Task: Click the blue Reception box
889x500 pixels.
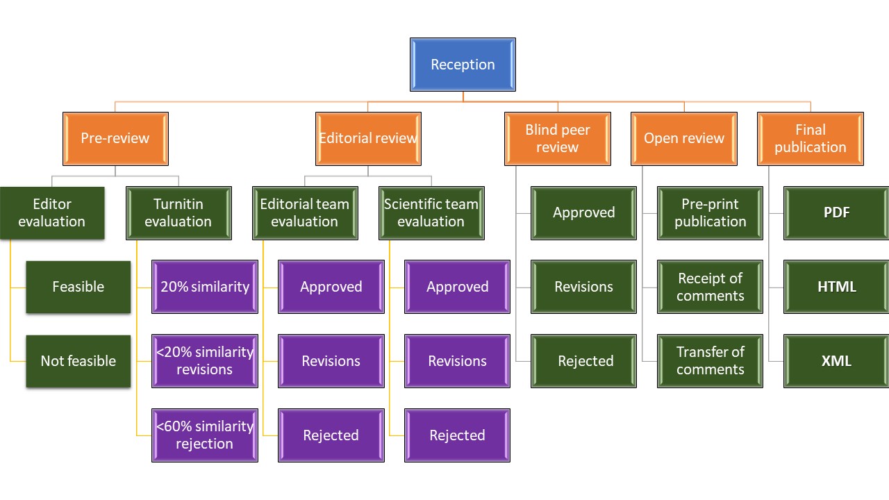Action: (x=463, y=65)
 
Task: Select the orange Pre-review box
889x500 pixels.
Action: (x=115, y=138)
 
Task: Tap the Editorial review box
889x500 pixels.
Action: (x=368, y=138)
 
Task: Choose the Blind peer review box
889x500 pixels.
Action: (x=558, y=138)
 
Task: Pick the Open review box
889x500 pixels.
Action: (x=684, y=138)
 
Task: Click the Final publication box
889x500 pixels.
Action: (x=811, y=138)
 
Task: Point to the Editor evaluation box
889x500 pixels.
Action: (x=52, y=212)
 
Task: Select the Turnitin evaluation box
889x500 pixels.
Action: (x=178, y=212)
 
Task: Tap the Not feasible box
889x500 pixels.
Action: (x=78, y=361)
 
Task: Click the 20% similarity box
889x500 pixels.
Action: (x=205, y=287)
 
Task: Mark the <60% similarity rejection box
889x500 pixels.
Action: (x=205, y=435)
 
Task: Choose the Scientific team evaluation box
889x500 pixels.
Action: (x=431, y=212)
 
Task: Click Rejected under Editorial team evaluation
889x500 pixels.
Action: (x=331, y=435)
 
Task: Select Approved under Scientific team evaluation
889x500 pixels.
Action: (x=458, y=287)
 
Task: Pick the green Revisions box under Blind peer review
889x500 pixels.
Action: (x=584, y=287)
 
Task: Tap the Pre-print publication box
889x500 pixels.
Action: (x=711, y=212)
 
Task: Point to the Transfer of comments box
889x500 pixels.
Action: (x=711, y=361)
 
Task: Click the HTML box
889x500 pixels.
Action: (x=837, y=287)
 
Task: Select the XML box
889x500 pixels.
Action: (x=837, y=361)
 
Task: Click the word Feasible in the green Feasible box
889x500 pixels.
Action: (x=78, y=287)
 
